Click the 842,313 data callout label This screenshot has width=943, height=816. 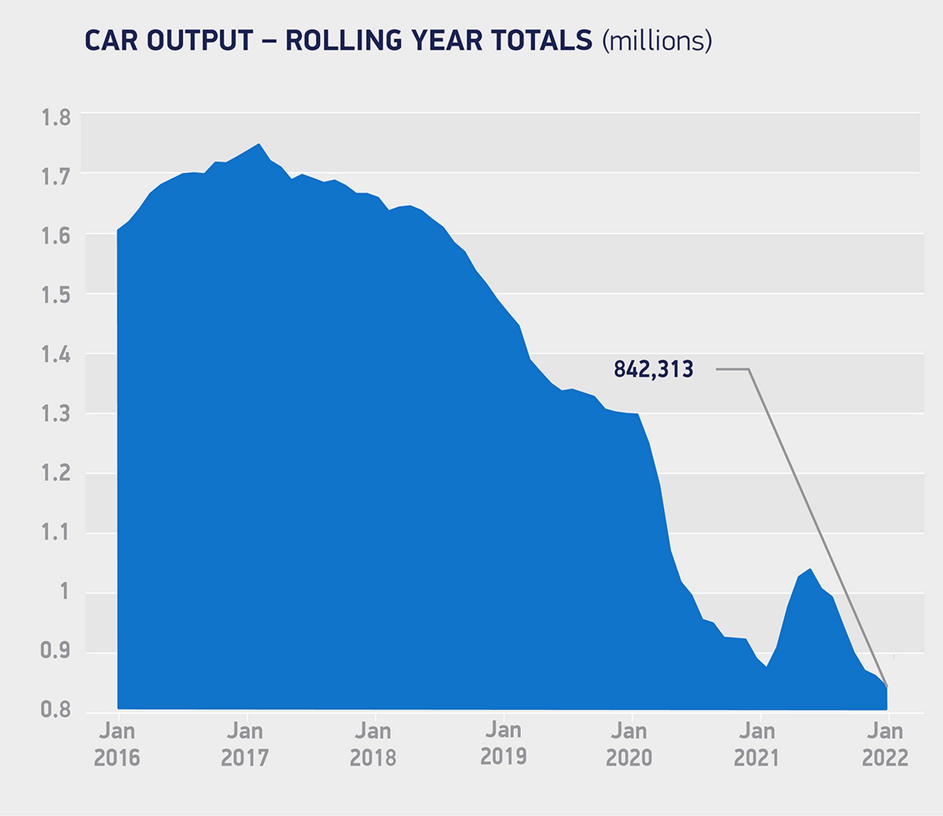653,369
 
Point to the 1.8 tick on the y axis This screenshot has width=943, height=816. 55,118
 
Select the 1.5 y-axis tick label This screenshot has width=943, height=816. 55,295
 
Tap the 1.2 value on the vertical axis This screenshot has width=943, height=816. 55,474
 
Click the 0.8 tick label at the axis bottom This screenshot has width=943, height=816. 55,710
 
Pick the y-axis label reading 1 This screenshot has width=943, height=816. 64,592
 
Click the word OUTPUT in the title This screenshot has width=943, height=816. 200,40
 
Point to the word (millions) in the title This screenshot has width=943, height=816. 657,41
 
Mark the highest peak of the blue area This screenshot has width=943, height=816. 259,144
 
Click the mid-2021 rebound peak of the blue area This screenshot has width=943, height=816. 810,569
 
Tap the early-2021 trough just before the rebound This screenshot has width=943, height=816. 766,667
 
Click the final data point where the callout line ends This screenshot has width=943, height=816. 887,686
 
